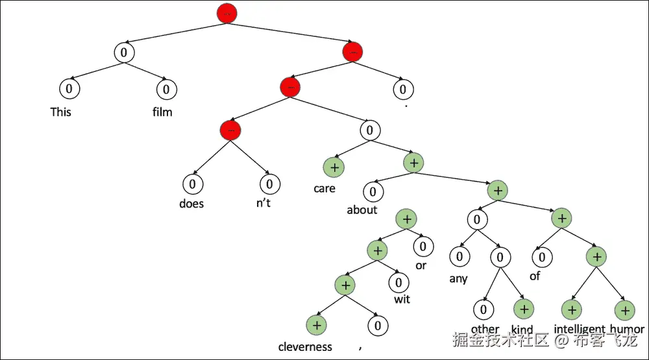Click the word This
pyautogui.click(x=61, y=112)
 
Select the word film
pyautogui.click(x=162, y=112)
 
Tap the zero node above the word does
pyautogui.click(x=192, y=184)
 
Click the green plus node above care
pyautogui.click(x=334, y=167)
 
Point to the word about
pyautogui.click(x=361, y=210)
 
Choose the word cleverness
pyautogui.click(x=305, y=346)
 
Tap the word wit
pyautogui.click(x=402, y=299)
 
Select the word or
pyautogui.click(x=421, y=266)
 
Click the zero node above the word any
pyautogui.click(x=459, y=257)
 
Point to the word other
pyautogui.click(x=485, y=328)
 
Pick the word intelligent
pyautogui.click(x=580, y=329)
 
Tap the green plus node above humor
pyautogui.click(x=624, y=310)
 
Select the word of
pyautogui.click(x=535, y=276)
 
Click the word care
pyautogui.click(x=324, y=188)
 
